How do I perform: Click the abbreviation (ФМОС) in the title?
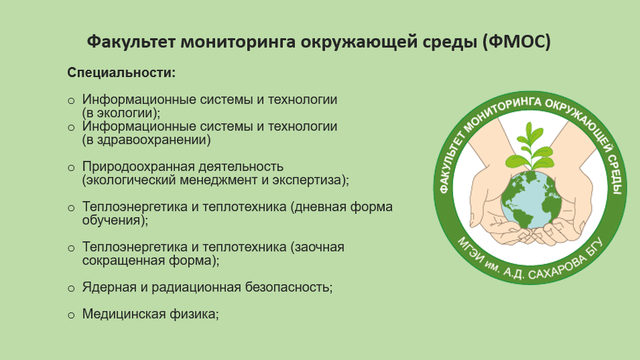point(516,42)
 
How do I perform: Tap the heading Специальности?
point(121,72)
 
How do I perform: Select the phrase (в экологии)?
point(121,113)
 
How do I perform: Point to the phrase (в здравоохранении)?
point(147,140)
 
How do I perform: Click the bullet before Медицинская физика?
point(71,316)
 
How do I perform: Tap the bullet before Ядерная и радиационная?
point(71,288)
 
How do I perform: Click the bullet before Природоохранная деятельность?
point(71,168)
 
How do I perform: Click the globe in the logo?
point(529,200)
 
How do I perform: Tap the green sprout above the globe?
point(529,146)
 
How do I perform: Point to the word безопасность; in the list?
point(289,288)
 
